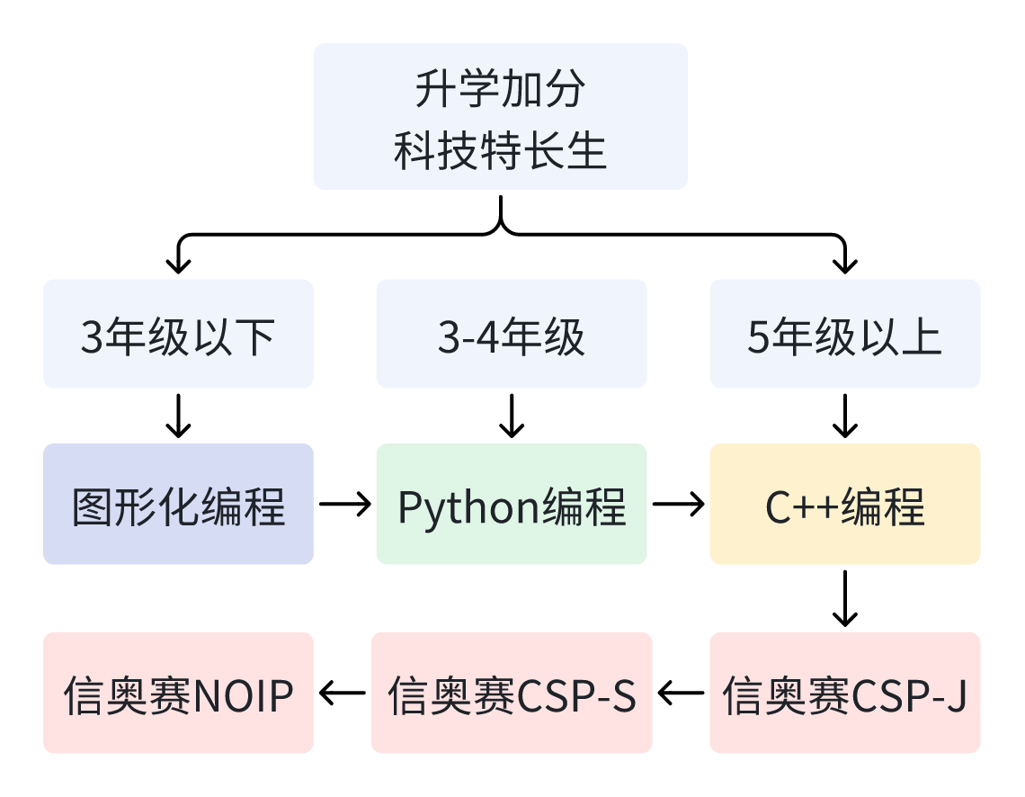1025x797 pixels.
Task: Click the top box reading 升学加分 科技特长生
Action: pos(500,116)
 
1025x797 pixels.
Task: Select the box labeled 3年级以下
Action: pos(178,334)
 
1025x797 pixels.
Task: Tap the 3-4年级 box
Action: pos(512,334)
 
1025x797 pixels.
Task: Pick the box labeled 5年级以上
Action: pos(845,334)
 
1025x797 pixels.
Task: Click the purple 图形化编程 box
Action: pos(178,504)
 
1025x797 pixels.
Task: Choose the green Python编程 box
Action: pos(512,504)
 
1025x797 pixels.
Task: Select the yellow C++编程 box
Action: pos(845,504)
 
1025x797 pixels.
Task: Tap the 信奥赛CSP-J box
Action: pos(845,693)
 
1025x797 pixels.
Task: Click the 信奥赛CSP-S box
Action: pos(512,693)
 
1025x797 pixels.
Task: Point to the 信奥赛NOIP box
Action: pos(178,693)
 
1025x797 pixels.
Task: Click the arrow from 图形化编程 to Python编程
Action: pos(345,504)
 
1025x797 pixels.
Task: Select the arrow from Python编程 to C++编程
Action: pos(679,504)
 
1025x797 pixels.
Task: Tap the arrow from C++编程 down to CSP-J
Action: pos(845,598)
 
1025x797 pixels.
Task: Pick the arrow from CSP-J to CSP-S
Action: pos(682,693)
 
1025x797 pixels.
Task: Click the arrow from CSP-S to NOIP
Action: pos(343,693)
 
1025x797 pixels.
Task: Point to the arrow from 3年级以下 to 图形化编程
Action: pos(178,416)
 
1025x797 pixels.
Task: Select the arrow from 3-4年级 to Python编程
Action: pos(512,416)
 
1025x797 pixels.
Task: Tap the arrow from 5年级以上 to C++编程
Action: pos(845,416)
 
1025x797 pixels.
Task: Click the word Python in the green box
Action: pos(468,508)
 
